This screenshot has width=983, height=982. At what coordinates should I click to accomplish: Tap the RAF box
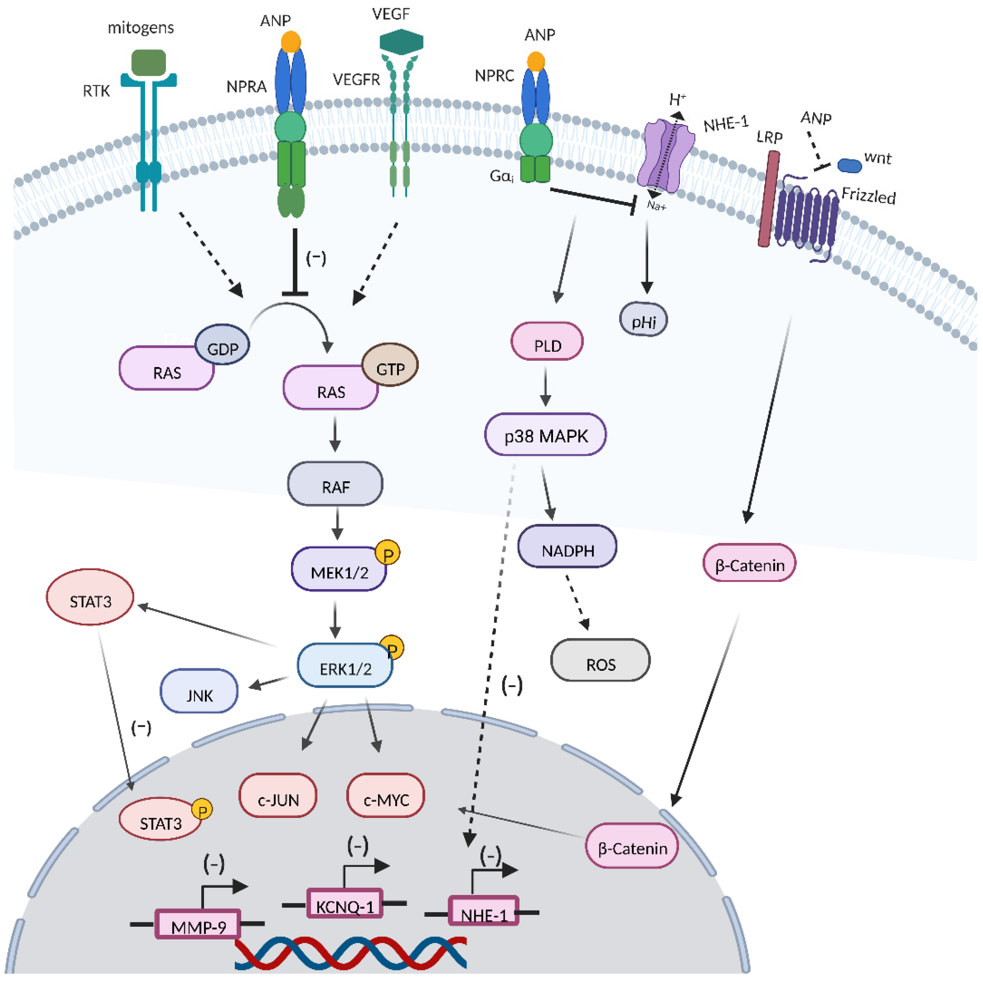coord(335,484)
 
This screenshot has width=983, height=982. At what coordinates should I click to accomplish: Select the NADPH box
coord(567,547)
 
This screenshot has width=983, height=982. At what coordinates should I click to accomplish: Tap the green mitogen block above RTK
coord(148,62)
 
